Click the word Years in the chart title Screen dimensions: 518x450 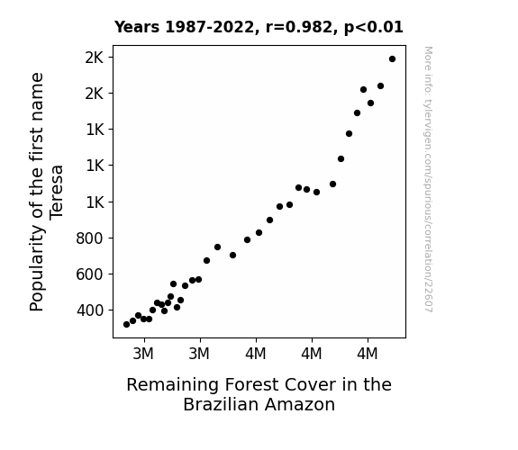(x=137, y=27)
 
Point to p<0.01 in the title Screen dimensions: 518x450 (x=374, y=27)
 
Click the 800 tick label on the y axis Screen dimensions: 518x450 (x=90, y=238)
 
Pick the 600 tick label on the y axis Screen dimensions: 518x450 (x=90, y=274)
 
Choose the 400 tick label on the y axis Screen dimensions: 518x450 (x=90, y=310)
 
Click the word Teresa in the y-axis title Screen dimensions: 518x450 (x=56, y=192)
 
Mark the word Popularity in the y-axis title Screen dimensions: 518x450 (x=36, y=268)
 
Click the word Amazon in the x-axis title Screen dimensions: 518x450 (x=300, y=404)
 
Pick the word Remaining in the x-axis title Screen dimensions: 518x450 (x=172, y=385)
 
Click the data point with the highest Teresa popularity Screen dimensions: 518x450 (x=392, y=59)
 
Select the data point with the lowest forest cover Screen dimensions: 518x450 (x=126, y=325)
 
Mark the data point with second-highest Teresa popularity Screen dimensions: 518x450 (x=380, y=85)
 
